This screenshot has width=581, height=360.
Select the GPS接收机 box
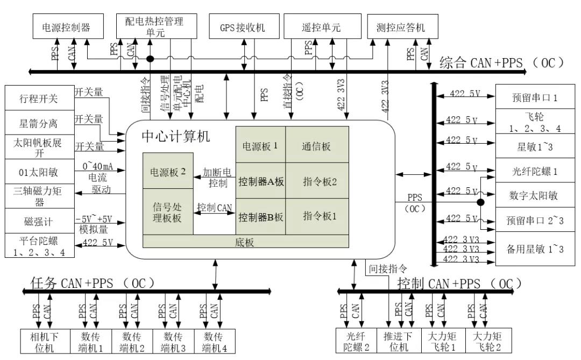tap(243, 27)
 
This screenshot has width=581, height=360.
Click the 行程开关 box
tap(38, 98)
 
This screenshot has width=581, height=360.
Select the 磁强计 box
tap(38, 220)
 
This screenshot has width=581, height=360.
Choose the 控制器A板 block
tap(260, 182)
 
